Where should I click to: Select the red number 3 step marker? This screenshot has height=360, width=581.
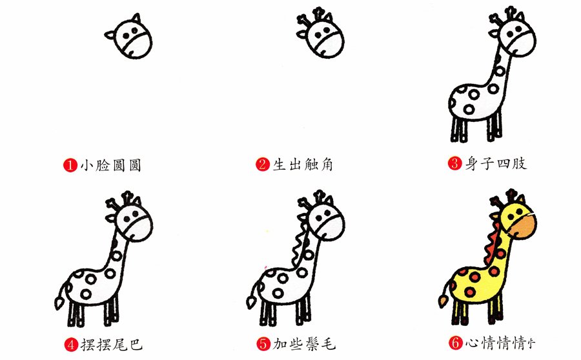[x=454, y=163]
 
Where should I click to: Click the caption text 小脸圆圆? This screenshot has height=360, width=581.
[x=111, y=165]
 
